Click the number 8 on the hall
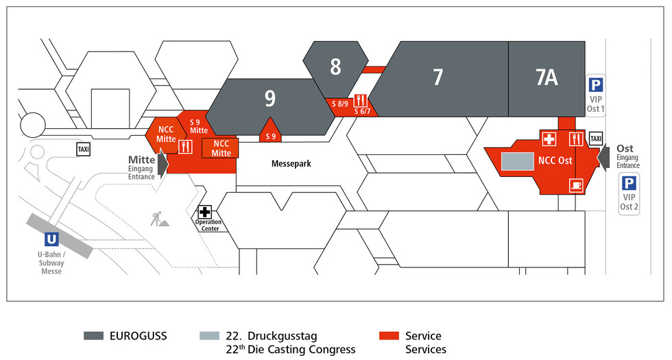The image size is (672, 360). [335, 67]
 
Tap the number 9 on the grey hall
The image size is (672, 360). [270, 98]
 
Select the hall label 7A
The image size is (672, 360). [547, 77]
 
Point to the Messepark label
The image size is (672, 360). [291, 164]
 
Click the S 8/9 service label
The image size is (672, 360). [340, 104]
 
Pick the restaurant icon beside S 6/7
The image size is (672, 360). [360, 101]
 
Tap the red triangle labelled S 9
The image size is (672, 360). [270, 130]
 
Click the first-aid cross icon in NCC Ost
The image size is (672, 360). [549, 139]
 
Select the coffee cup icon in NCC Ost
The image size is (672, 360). [575, 185]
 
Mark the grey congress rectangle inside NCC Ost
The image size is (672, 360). [518, 161]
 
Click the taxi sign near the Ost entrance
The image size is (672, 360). [596, 139]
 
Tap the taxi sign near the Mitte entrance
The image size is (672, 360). [84, 149]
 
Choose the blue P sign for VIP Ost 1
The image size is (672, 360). [595, 85]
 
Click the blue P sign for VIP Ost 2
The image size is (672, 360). [629, 184]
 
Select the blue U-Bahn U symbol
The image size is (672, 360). [51, 239]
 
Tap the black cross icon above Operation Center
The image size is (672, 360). [204, 212]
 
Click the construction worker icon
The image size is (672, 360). [159, 219]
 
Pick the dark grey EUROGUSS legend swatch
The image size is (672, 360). [93, 335]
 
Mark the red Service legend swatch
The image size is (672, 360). [389, 335]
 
